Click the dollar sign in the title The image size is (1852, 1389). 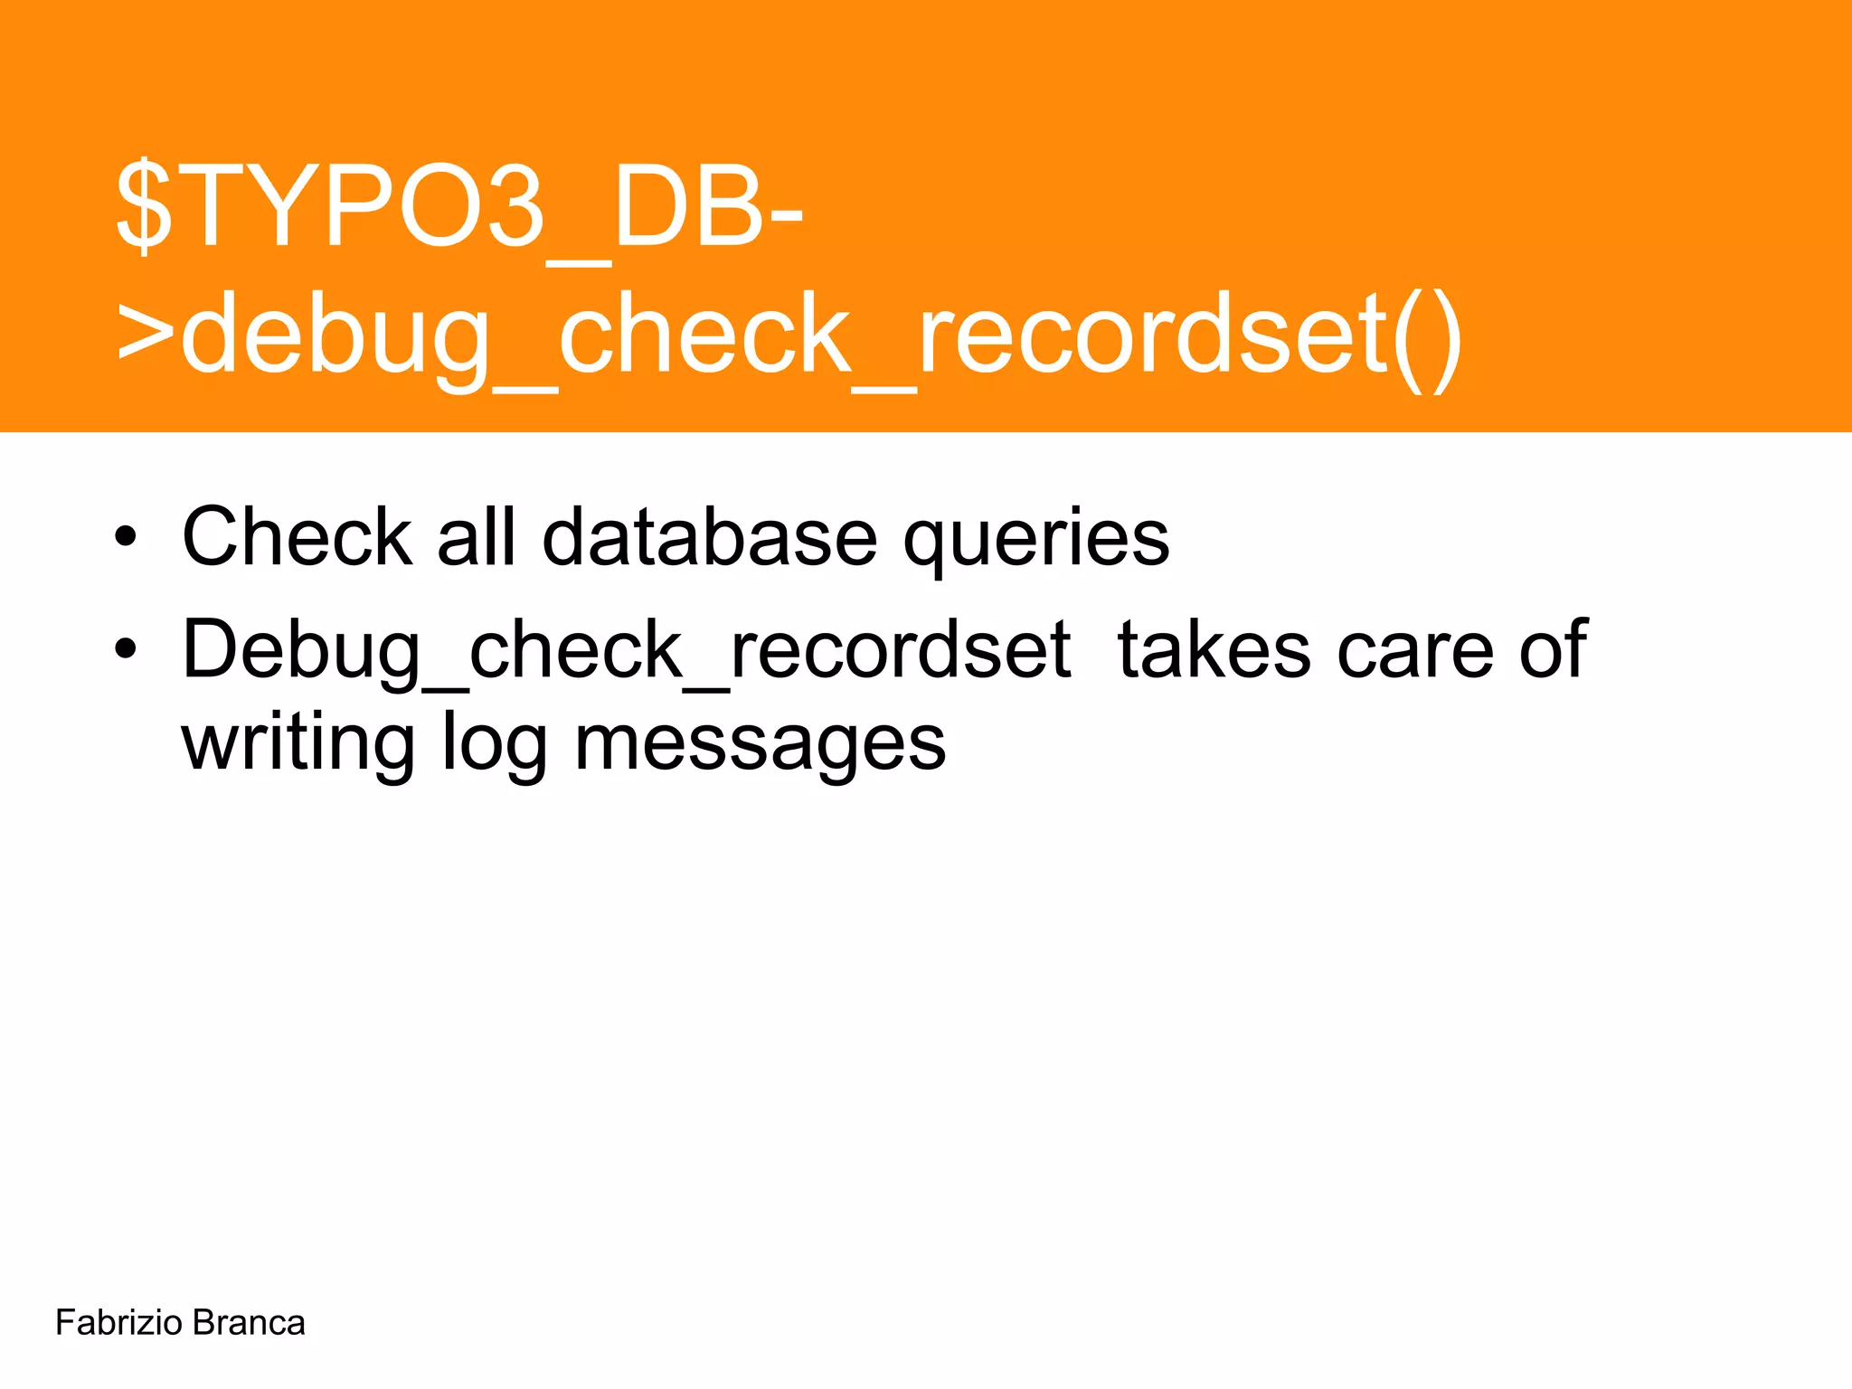(x=145, y=206)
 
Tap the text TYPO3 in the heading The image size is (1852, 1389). (x=366, y=206)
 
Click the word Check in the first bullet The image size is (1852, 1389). (x=298, y=537)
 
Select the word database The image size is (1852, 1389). (x=710, y=537)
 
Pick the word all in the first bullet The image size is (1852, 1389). (x=477, y=537)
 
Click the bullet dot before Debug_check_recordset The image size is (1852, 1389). (x=126, y=649)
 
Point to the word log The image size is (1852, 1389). (x=494, y=745)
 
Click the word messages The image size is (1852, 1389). (x=760, y=745)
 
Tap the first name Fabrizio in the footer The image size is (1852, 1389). (x=118, y=1323)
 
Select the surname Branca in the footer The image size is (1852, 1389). (x=249, y=1323)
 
